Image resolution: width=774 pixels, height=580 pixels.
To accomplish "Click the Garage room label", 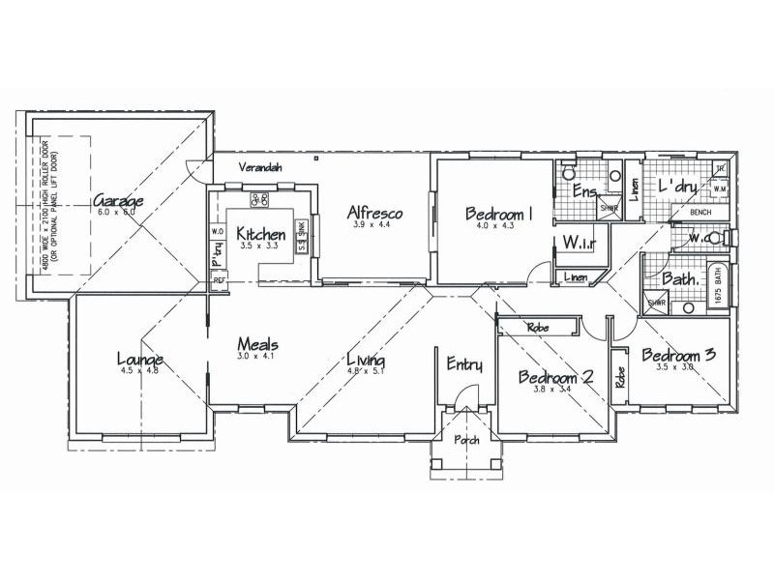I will point(119,202).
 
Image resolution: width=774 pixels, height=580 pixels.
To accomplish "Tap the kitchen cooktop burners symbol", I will point(260,200).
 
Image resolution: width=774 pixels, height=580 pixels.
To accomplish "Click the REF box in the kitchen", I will point(219,280).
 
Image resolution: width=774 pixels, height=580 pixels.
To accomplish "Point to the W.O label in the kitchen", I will point(217,232).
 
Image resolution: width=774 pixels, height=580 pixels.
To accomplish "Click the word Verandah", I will point(261,168).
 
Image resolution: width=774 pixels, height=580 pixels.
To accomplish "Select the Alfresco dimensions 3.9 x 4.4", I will point(372,226).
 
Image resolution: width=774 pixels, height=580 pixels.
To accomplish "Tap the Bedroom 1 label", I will point(499,214).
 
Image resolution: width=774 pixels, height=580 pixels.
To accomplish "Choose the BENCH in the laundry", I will point(700,212).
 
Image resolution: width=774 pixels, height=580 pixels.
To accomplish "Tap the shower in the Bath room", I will point(657,302).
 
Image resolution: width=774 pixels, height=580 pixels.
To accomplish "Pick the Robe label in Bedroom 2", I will point(538,329).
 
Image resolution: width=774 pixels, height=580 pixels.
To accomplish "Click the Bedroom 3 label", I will point(678,355).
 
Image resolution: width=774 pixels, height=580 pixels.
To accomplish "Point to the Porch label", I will point(466,441).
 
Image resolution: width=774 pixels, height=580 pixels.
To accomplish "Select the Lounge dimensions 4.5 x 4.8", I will point(141,371).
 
